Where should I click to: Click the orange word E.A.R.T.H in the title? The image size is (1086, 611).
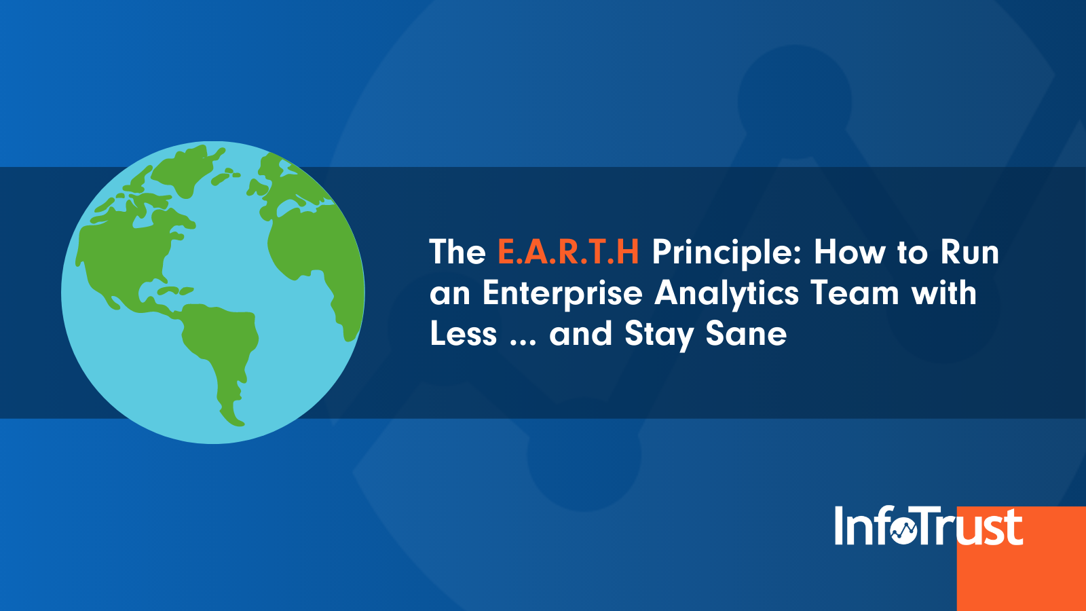tap(568, 253)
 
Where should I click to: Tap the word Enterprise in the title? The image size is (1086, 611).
tap(562, 294)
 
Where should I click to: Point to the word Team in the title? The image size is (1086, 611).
tap(855, 294)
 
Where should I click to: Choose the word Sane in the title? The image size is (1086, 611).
tap(746, 335)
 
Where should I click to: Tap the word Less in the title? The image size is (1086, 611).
tap(463, 335)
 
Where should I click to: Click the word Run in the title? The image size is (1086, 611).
tap(969, 253)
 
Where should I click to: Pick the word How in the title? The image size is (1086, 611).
tap(850, 253)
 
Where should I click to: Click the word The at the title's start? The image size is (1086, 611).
tap(457, 253)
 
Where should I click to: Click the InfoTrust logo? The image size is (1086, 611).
tap(928, 526)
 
